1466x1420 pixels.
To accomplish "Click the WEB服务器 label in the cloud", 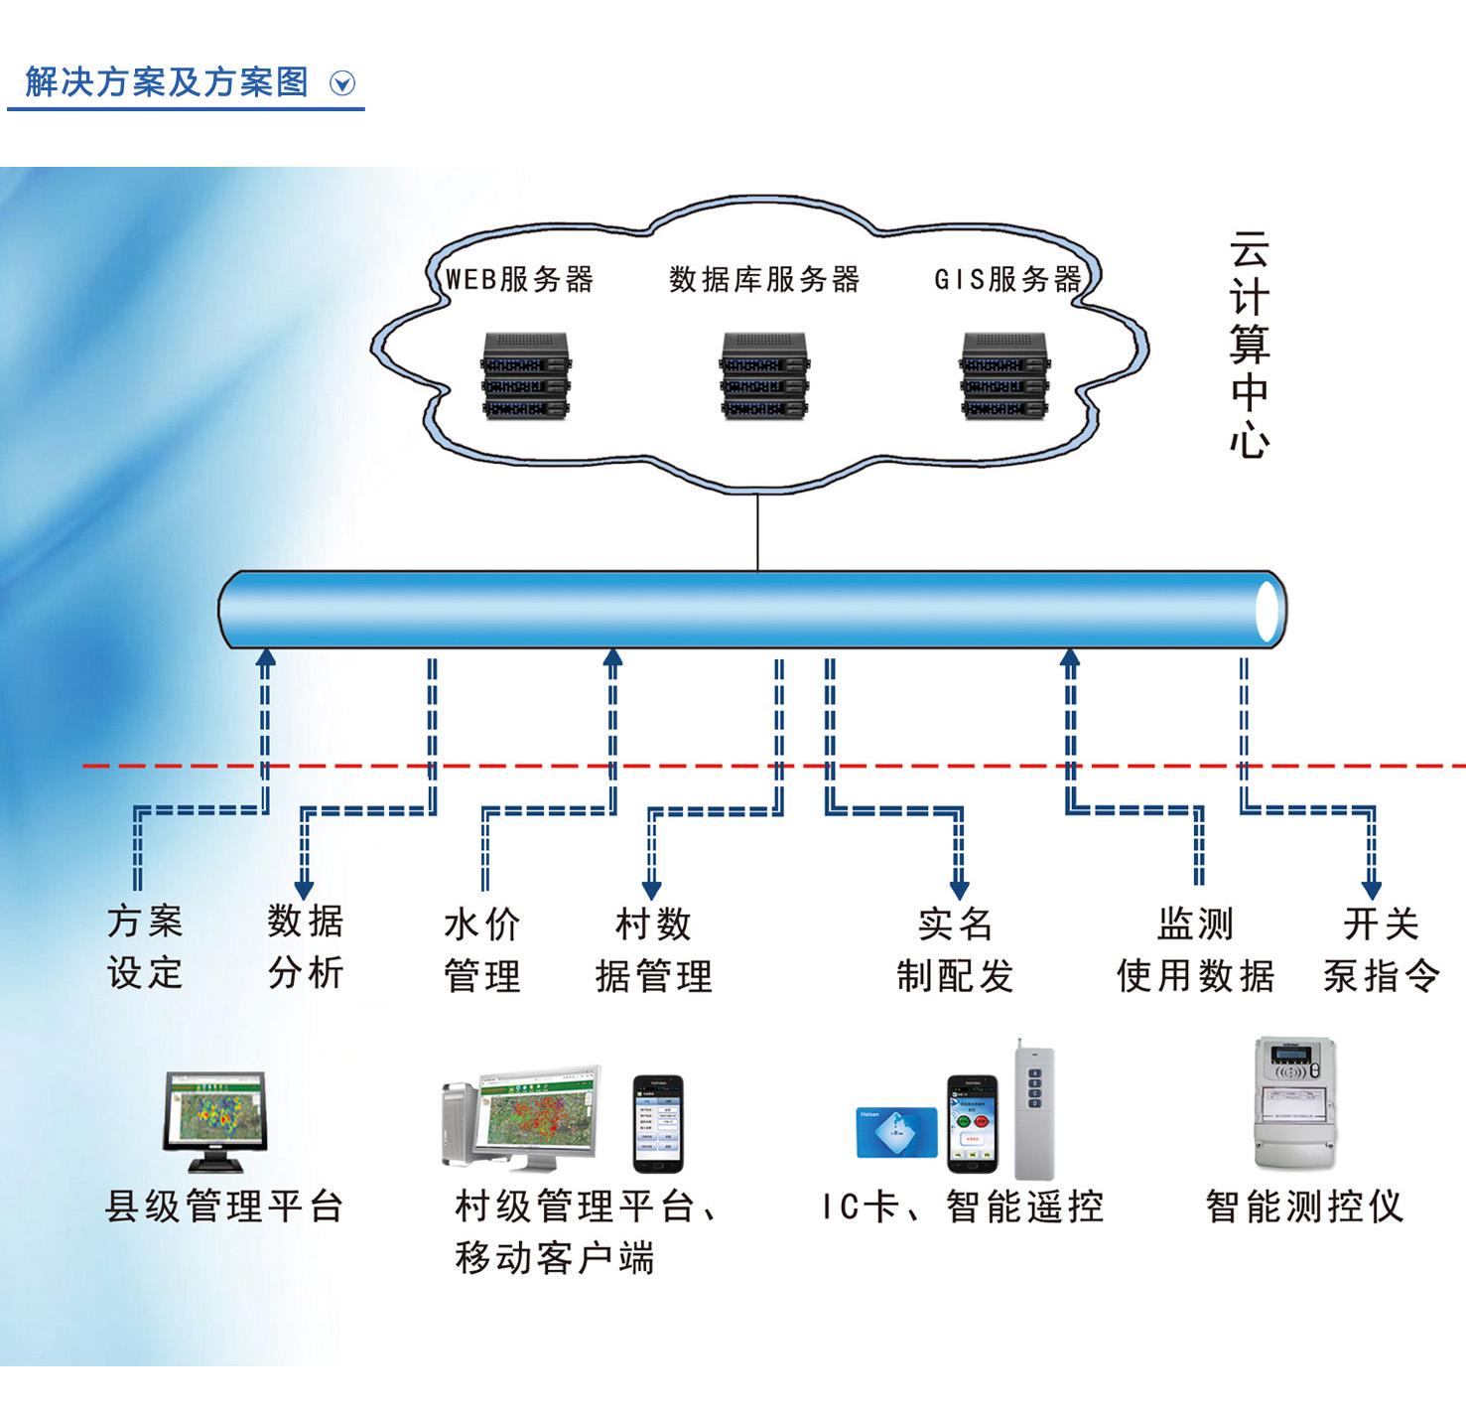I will tap(519, 279).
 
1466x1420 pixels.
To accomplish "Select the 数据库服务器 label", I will tap(763, 279).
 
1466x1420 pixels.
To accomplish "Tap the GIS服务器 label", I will tap(1007, 279).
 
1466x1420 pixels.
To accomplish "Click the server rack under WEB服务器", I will tap(525, 375).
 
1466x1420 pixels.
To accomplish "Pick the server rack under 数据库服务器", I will tap(764, 375).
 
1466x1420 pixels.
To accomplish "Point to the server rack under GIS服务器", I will tap(1004, 375).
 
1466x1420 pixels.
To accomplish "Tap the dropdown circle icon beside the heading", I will tap(342, 83).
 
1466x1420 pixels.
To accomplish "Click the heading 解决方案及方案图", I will tap(167, 81).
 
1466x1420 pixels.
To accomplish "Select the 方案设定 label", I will tap(145, 946).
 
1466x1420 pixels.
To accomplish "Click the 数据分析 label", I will tap(305, 946).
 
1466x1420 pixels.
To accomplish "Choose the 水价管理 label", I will tap(482, 949).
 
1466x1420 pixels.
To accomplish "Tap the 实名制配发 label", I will tap(955, 949).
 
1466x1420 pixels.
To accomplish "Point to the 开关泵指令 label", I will tap(1381, 949).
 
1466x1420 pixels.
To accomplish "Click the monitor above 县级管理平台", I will tap(215, 1121).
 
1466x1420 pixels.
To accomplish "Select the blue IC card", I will tap(896, 1133).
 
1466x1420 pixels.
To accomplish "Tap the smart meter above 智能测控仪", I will tap(1294, 1103).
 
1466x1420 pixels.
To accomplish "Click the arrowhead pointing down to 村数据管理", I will tap(652, 890).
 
